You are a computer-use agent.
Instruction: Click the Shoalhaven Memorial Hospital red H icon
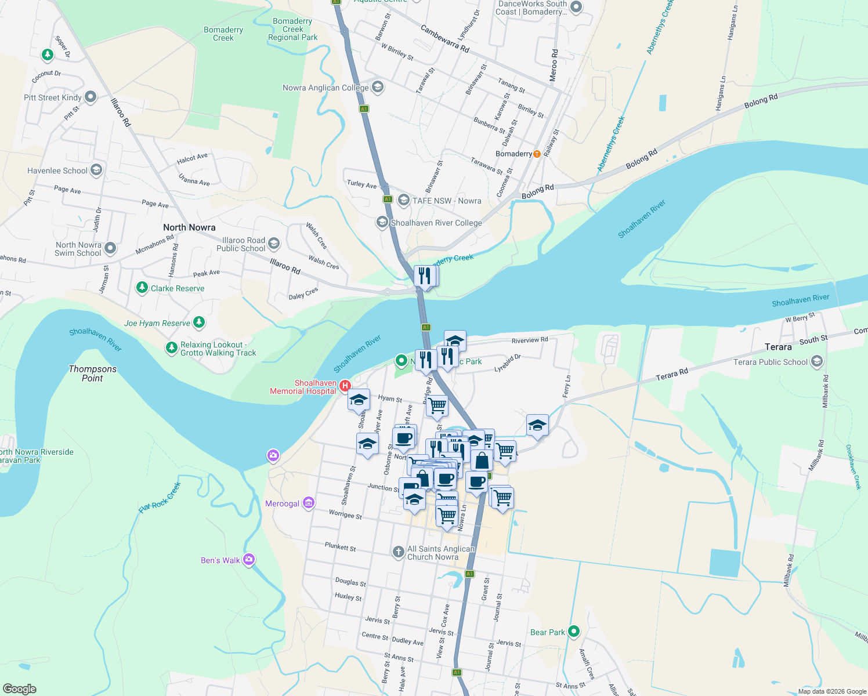[345, 385]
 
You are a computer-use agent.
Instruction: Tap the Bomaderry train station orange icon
[537, 154]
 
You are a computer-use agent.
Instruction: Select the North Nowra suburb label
[189, 227]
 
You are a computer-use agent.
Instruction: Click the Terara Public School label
[770, 362]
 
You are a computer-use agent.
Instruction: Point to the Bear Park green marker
[574, 631]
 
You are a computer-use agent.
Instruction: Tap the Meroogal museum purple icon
[309, 503]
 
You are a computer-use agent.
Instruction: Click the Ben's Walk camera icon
[249, 560]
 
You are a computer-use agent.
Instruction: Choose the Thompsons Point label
[92, 374]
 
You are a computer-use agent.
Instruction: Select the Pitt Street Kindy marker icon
[91, 97]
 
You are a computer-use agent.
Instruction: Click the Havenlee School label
[57, 171]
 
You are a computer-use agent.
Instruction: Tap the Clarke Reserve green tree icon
[142, 288]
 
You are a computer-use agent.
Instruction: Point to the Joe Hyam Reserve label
[157, 323]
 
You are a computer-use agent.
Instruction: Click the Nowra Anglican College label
[325, 88]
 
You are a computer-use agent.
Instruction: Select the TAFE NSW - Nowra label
[447, 201]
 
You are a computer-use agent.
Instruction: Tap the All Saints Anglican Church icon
[398, 552]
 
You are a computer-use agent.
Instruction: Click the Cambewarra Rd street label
[444, 39]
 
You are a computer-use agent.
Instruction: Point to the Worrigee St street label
[345, 514]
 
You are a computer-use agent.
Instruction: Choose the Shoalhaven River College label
[436, 223]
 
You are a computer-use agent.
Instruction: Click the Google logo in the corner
[20, 689]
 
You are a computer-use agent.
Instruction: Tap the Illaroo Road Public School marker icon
[274, 243]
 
